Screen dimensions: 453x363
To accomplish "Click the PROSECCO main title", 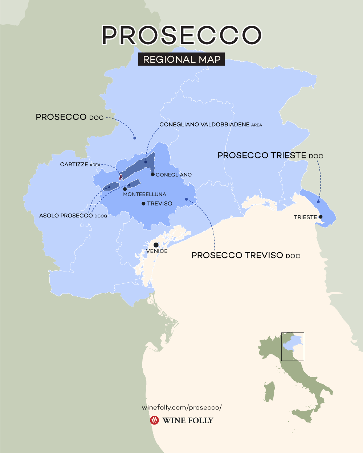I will [181, 35].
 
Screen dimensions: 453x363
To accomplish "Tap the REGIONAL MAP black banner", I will [181, 59].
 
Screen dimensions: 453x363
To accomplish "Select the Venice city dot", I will [156, 245].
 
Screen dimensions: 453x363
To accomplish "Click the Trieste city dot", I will [321, 217].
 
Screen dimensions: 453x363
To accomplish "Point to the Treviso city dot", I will [144, 204].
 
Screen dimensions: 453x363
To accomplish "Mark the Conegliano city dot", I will [153, 174].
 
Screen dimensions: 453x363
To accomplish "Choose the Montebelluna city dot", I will [125, 189].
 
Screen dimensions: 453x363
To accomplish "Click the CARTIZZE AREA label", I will [80, 165].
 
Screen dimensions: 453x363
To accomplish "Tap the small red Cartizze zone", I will [121, 177].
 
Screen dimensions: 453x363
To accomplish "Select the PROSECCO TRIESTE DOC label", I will [270, 155].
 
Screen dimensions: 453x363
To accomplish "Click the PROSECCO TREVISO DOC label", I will [246, 255].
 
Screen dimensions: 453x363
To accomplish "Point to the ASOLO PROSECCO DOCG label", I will [73, 216].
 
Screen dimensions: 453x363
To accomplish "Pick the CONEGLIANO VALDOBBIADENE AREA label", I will [211, 125].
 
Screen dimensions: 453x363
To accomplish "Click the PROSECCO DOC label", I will [69, 117].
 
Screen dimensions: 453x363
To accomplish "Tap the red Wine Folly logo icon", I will [155, 420].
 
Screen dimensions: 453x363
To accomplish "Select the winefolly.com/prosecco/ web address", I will [181, 407].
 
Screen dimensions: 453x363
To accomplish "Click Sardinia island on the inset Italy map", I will [269, 392].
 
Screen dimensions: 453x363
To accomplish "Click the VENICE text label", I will [157, 251].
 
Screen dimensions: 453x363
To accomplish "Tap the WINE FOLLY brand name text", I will [188, 420].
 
